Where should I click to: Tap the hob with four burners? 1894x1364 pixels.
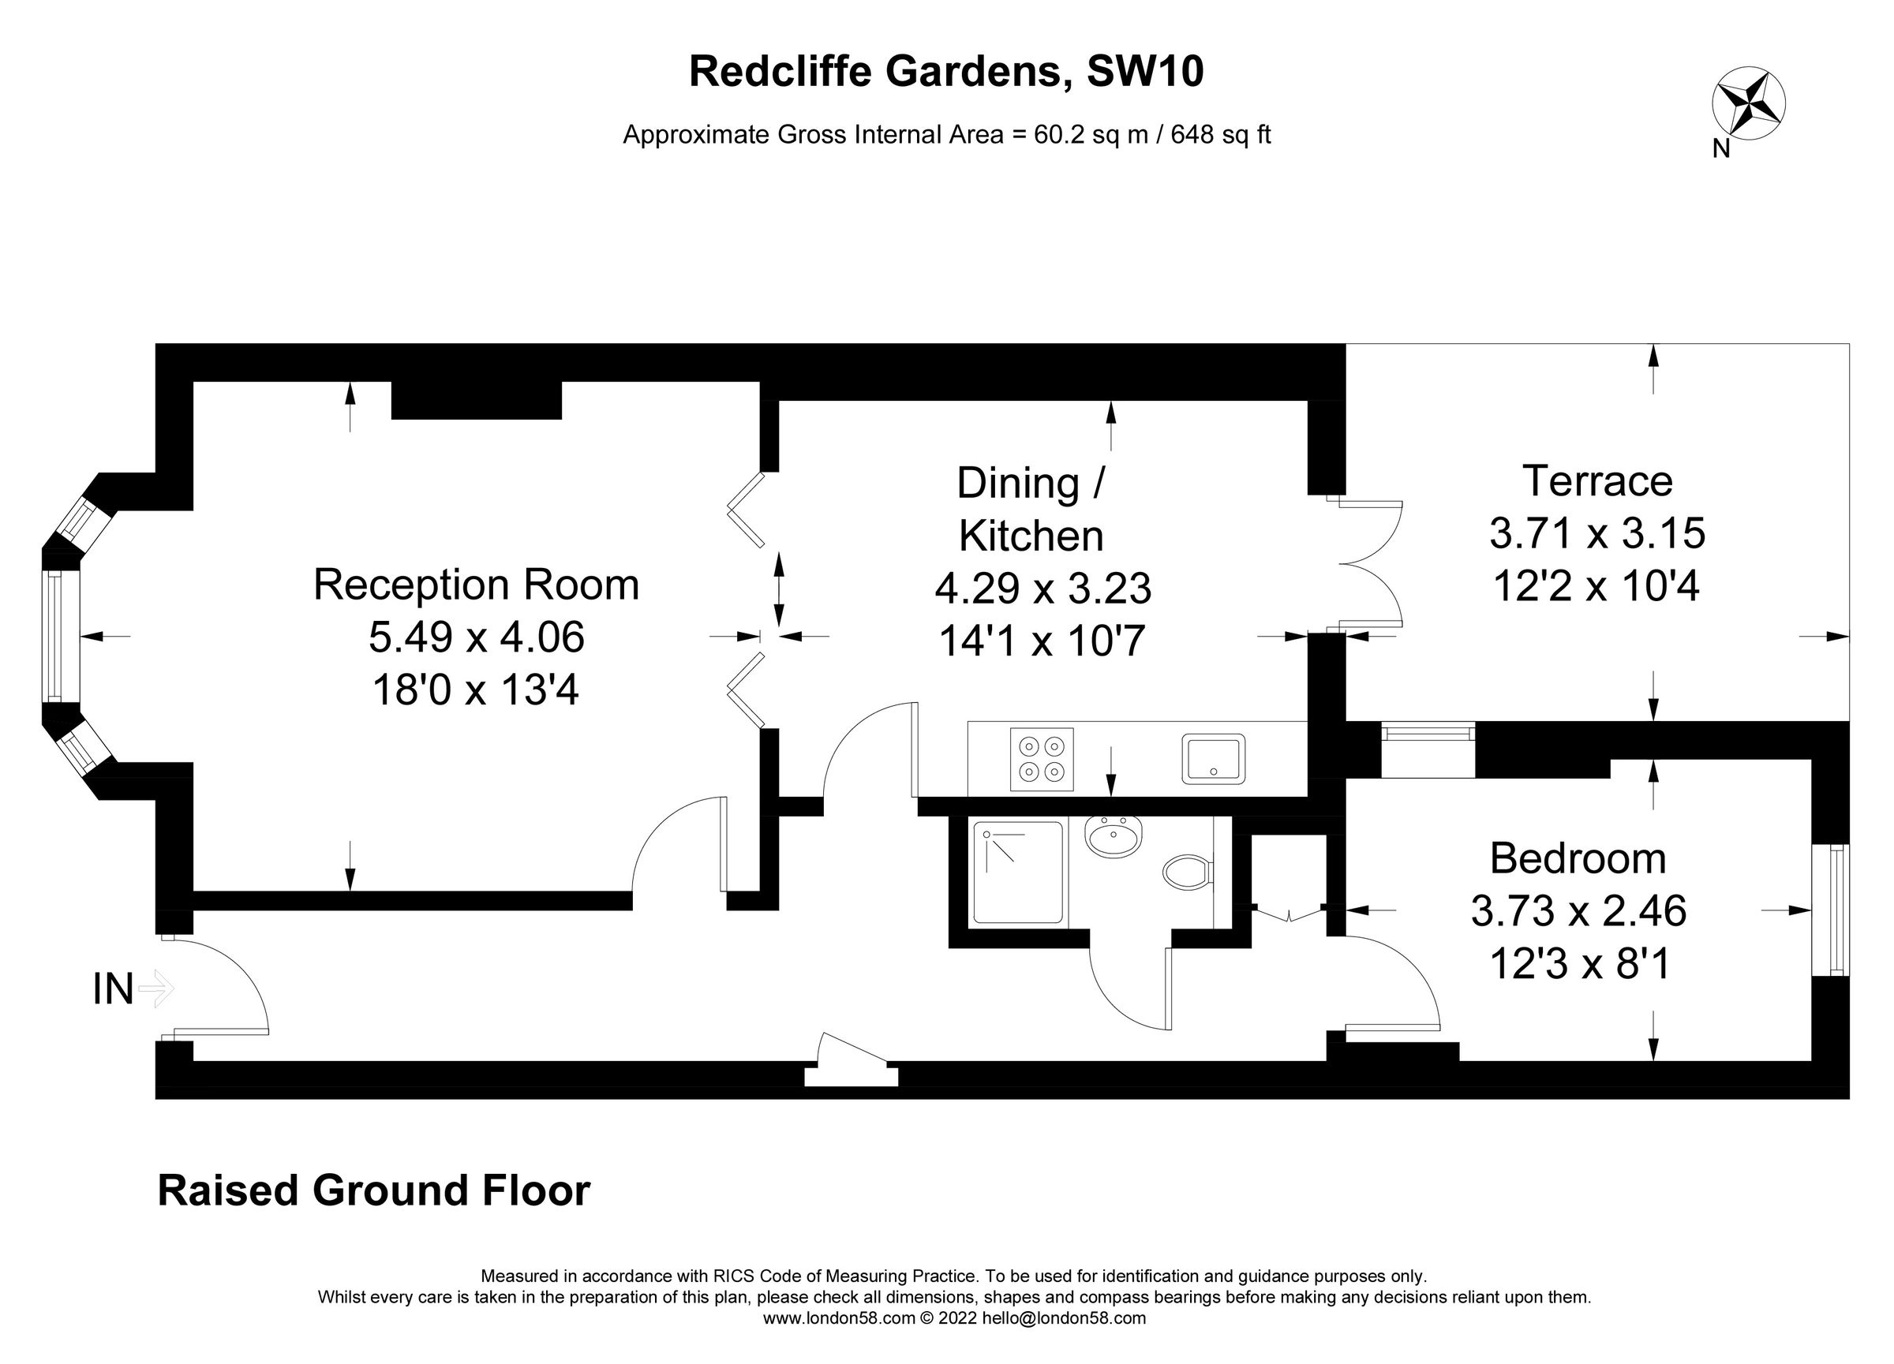pos(1042,759)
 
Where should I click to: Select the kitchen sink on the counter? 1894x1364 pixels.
pos(1213,758)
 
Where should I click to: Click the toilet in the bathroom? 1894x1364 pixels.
pos(1188,873)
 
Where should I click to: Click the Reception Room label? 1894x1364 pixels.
pos(476,585)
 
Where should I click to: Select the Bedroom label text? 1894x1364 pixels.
pos(1578,858)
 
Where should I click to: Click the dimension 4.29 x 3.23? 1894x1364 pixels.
pos(1042,589)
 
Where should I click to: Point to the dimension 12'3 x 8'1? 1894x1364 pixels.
pos(1578,965)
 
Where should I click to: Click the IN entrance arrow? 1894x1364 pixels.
pos(155,989)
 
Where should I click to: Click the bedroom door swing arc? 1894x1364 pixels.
pos(1394,981)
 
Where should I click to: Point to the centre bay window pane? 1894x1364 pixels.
pos(55,636)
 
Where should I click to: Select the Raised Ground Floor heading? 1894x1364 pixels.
pos(373,1190)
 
